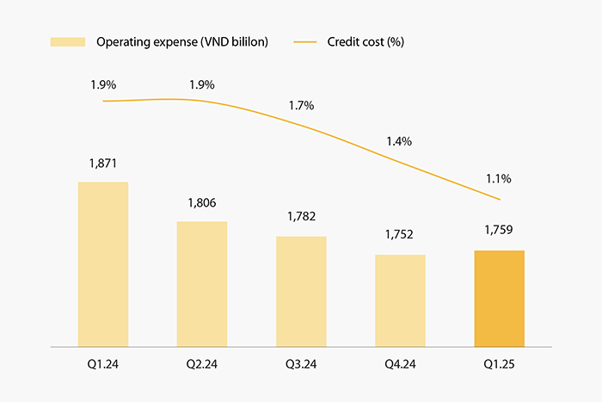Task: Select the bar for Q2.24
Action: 202,284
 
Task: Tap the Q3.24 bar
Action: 301,291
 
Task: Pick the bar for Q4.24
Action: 400,300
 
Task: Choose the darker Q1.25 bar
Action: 499,298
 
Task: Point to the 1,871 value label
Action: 103,163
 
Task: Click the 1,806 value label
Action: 202,203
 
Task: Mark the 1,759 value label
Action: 499,232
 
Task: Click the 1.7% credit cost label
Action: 301,106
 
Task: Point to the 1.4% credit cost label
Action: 400,140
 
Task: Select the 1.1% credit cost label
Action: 499,179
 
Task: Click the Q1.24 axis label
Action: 103,364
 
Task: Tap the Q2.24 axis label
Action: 202,364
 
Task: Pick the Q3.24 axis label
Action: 301,364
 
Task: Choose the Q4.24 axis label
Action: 400,364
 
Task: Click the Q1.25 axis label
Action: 499,364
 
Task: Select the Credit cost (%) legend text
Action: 365,41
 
